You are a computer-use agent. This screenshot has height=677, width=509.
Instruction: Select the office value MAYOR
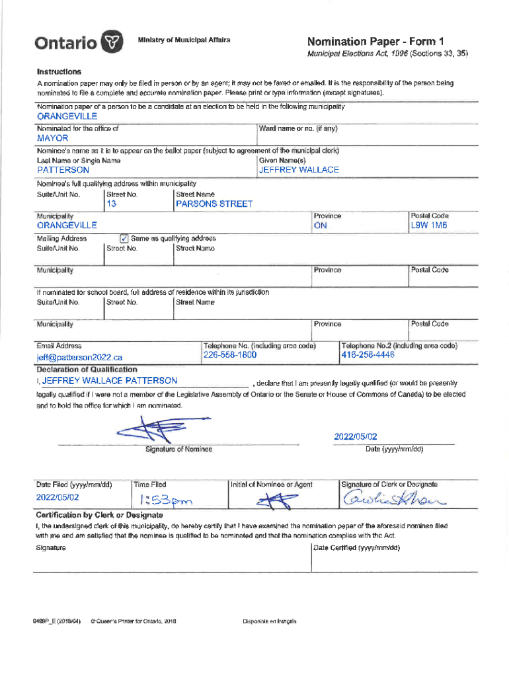[x=53, y=138]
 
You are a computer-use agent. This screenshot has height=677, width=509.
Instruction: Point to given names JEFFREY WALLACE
[x=299, y=170]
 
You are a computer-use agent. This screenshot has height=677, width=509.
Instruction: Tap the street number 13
[x=112, y=204]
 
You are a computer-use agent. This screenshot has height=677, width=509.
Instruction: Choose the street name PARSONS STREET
[x=214, y=204]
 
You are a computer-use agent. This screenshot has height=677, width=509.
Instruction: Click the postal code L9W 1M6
[x=429, y=226]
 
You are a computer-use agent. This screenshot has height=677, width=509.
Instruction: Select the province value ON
[x=321, y=226]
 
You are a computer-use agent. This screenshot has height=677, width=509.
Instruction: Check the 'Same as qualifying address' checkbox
[x=124, y=238]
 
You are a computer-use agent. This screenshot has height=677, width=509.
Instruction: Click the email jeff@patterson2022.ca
[x=79, y=358]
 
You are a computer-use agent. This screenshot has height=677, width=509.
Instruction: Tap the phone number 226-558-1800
[x=230, y=356]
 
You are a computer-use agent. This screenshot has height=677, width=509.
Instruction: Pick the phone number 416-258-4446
[x=368, y=356]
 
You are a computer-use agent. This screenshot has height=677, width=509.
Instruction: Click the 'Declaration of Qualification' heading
[x=87, y=369]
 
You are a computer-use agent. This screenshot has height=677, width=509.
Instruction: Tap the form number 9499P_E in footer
[x=58, y=621]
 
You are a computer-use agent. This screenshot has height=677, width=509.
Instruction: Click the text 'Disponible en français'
[x=269, y=621]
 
